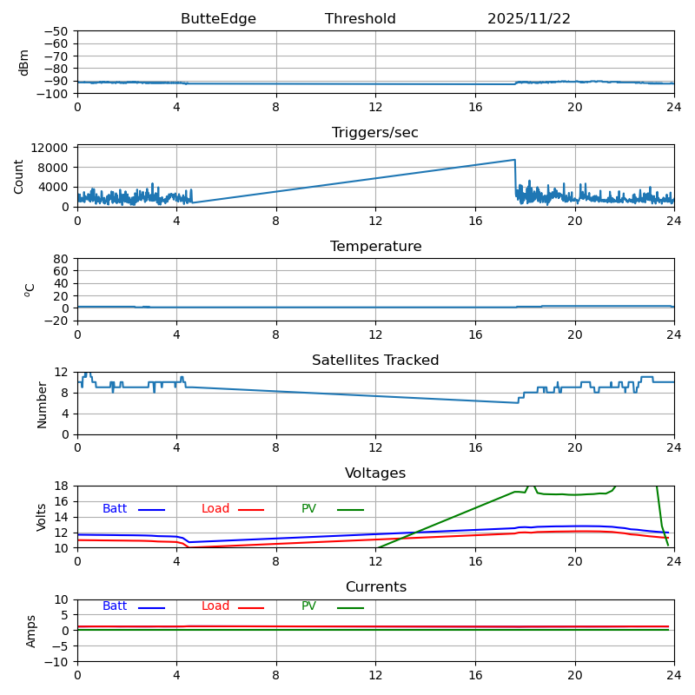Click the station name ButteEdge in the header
click(218, 19)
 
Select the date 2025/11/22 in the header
click(528, 19)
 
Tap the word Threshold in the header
click(360, 19)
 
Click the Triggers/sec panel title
click(375, 133)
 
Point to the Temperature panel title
click(375, 247)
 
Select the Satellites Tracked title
click(375, 361)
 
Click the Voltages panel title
click(375, 473)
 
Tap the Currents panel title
click(375, 587)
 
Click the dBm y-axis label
click(24, 62)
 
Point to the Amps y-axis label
click(31, 631)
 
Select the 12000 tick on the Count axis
click(50, 149)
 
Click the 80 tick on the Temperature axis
click(61, 259)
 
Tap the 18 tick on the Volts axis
click(61, 486)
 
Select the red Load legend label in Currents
click(215, 606)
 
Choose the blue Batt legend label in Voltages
click(115, 509)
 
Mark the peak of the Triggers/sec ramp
click(515, 160)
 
